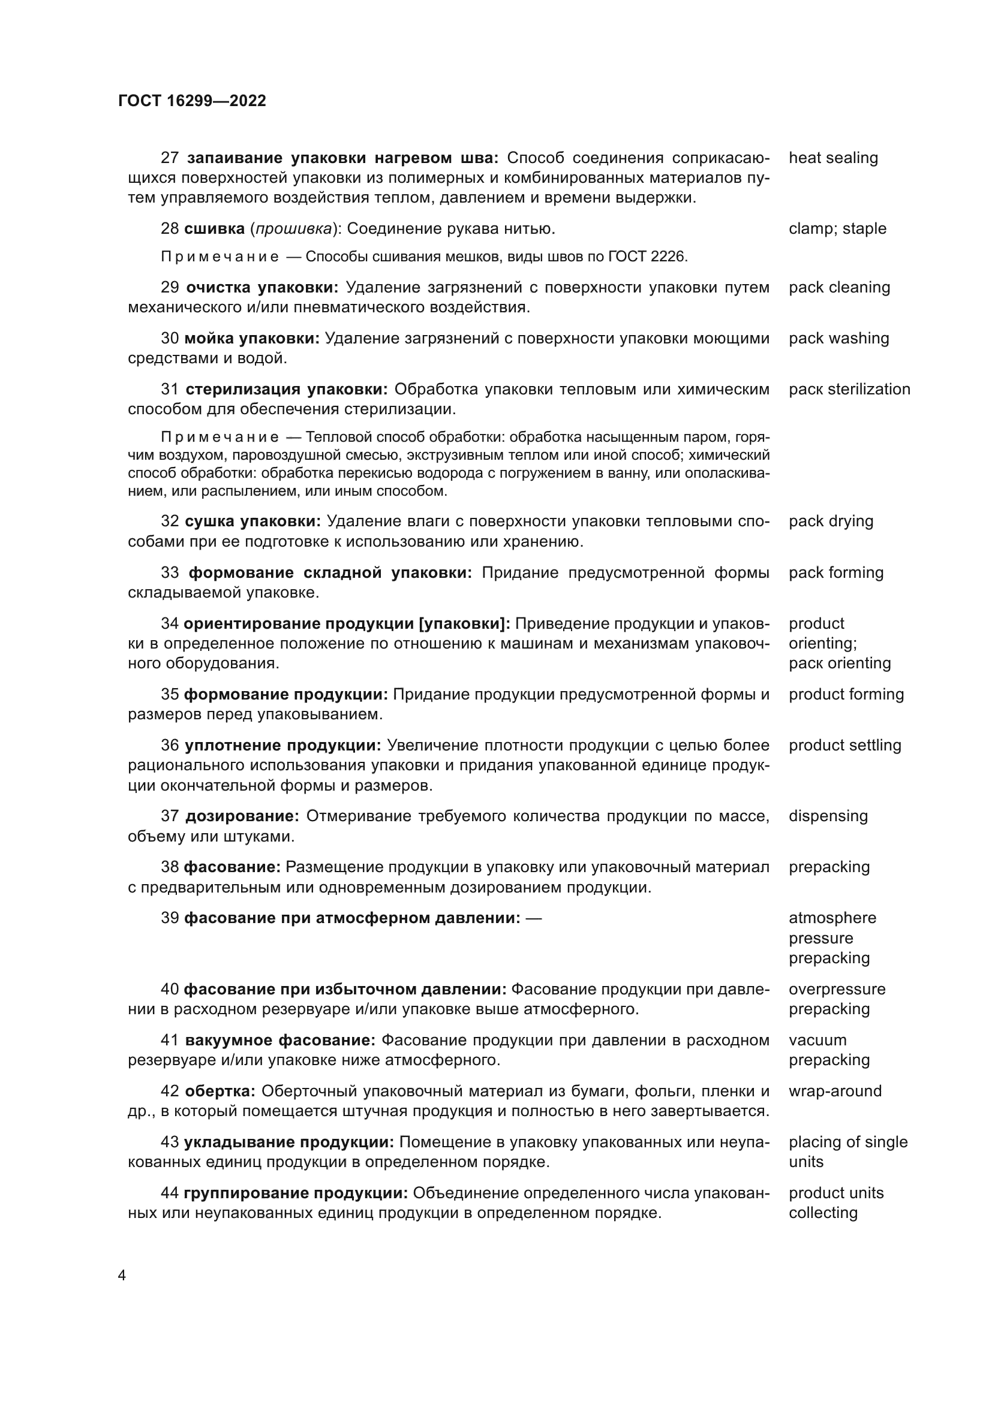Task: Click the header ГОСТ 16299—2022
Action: (x=192, y=101)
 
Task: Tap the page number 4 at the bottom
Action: (x=122, y=1276)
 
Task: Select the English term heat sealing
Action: (x=832, y=158)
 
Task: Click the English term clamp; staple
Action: (x=837, y=228)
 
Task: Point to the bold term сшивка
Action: (x=214, y=228)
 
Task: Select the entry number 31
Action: (x=170, y=389)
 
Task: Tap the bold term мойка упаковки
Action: (x=252, y=338)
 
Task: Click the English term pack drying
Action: (x=831, y=521)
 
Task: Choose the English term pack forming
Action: (x=835, y=572)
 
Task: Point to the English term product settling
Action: (x=844, y=745)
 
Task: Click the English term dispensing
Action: (x=828, y=816)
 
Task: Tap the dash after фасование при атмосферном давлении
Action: (x=533, y=918)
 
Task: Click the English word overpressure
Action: (x=836, y=989)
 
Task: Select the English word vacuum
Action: (x=817, y=1040)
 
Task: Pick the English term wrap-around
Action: (x=834, y=1090)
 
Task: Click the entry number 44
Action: (x=169, y=1193)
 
